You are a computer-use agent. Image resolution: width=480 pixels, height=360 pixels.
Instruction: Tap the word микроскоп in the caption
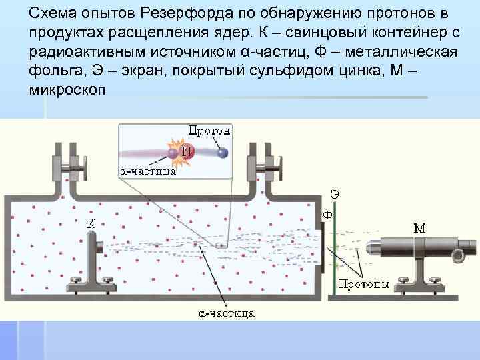[x=67, y=89]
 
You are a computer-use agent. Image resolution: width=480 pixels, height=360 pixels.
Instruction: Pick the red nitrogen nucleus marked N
[x=186, y=153]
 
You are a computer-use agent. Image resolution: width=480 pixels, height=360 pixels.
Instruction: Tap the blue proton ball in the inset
[x=223, y=153]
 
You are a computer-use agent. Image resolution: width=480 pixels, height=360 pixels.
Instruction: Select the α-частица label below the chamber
[x=227, y=313]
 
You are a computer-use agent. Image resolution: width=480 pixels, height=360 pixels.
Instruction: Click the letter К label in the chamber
[x=91, y=225]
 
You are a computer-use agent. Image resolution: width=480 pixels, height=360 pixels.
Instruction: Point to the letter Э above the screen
[x=334, y=195]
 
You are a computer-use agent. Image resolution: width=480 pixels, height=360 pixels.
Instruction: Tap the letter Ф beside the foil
[x=327, y=215]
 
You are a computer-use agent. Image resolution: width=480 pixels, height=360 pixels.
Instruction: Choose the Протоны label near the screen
[x=363, y=285]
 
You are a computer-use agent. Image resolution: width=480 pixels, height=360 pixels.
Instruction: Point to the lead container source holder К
[x=101, y=253]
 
